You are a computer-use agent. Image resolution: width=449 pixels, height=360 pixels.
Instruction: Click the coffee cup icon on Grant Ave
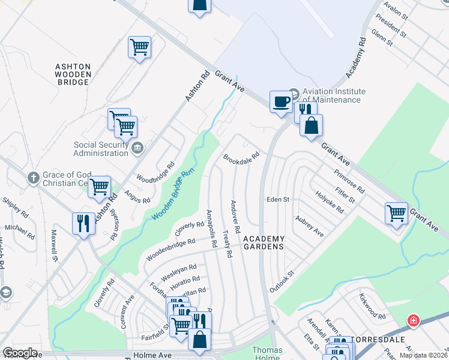(280, 101)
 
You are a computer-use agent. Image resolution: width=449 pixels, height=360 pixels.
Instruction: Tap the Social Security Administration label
(101, 149)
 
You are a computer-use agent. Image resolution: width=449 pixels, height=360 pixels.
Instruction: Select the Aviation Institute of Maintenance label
(331, 95)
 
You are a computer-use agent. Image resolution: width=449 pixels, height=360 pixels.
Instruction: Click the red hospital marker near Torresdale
(412, 320)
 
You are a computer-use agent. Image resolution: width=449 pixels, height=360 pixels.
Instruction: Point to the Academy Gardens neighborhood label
(264, 242)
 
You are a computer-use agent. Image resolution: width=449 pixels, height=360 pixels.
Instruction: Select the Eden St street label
(278, 199)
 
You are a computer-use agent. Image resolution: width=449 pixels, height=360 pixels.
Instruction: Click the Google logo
(20, 353)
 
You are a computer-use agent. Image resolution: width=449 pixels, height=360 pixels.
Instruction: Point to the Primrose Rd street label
(349, 181)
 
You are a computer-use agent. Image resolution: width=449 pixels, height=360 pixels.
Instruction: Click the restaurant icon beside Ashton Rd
(83, 224)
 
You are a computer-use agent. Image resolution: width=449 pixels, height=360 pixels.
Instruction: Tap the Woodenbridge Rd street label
(170, 250)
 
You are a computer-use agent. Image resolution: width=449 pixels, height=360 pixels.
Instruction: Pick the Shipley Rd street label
(15, 208)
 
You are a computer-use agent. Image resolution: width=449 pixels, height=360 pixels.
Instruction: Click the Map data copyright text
(424, 355)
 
